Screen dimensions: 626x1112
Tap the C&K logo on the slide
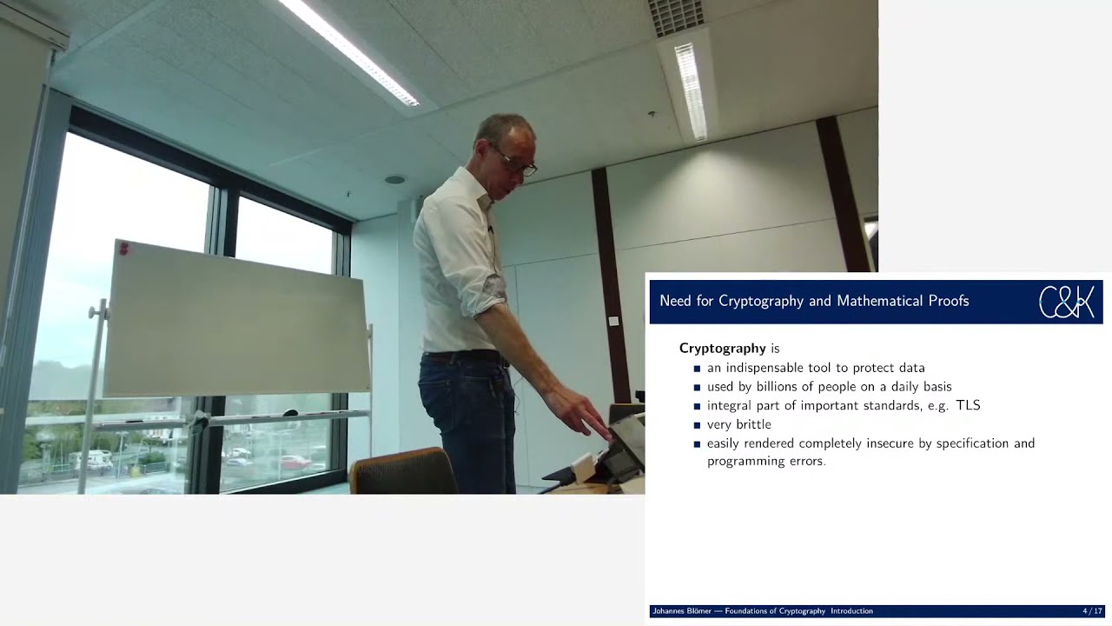[x=1066, y=302]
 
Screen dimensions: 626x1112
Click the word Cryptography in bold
[x=723, y=349]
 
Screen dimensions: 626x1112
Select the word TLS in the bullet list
[x=968, y=405]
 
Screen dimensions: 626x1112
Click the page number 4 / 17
[x=1092, y=611]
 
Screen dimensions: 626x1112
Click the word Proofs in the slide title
[x=945, y=301]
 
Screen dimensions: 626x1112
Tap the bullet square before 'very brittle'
[x=697, y=425]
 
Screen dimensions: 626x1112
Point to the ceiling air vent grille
[x=677, y=17]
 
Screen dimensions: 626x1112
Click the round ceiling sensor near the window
[x=394, y=180]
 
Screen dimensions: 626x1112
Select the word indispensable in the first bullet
[x=765, y=368]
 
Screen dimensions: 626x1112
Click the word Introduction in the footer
[x=851, y=611]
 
